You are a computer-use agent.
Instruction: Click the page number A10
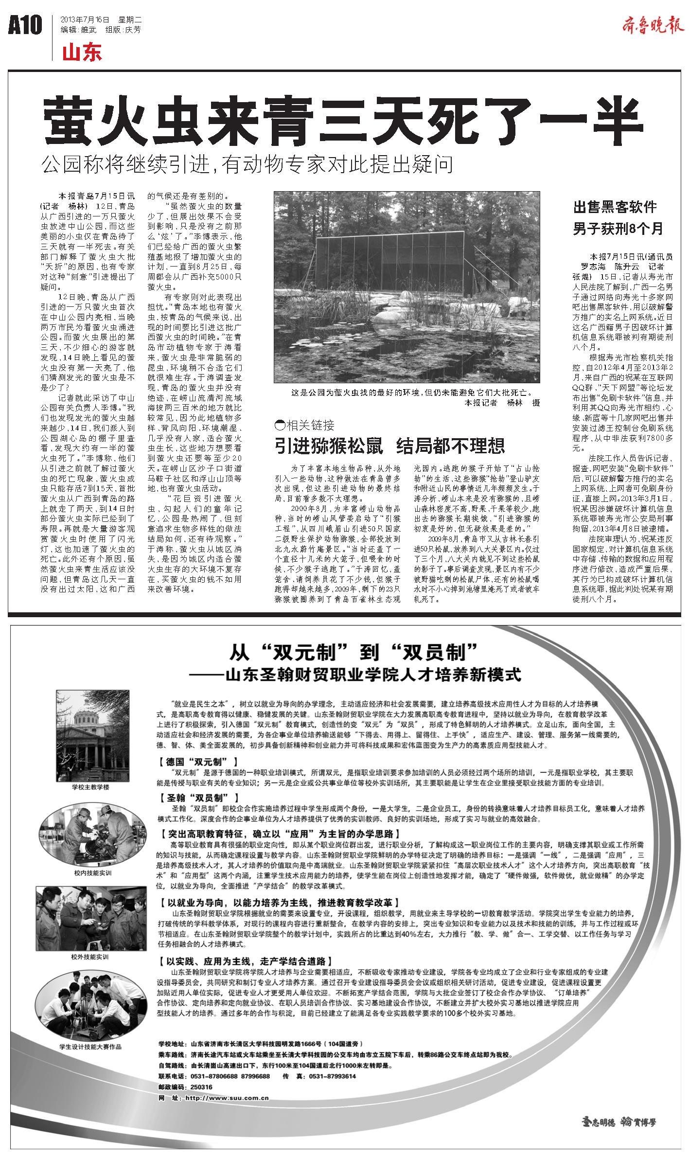[x=25, y=25]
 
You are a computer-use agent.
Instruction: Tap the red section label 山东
[x=82, y=53]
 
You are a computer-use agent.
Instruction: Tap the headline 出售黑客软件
[x=615, y=208]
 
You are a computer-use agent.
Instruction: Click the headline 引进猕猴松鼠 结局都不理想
[x=389, y=445]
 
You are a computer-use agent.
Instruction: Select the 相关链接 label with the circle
[x=305, y=425]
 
